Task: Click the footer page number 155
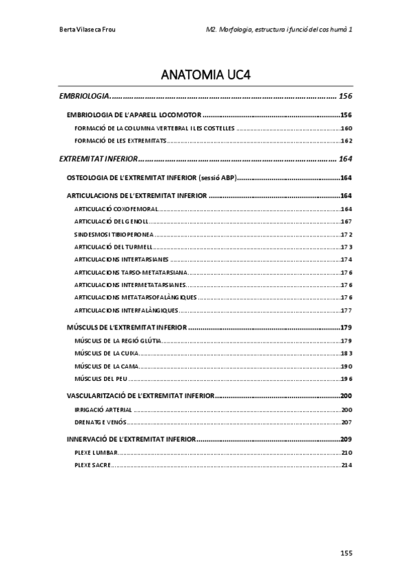point(346,552)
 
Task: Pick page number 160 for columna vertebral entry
point(346,129)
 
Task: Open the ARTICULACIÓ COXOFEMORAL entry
point(116,209)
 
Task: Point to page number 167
point(346,221)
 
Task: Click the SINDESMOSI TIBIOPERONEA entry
point(112,234)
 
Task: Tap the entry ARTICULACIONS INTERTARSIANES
point(120,260)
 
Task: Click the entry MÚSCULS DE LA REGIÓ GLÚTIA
point(118,341)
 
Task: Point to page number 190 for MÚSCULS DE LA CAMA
point(346,366)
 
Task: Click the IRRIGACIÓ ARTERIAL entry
point(103,409)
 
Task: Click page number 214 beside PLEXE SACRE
point(346,465)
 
